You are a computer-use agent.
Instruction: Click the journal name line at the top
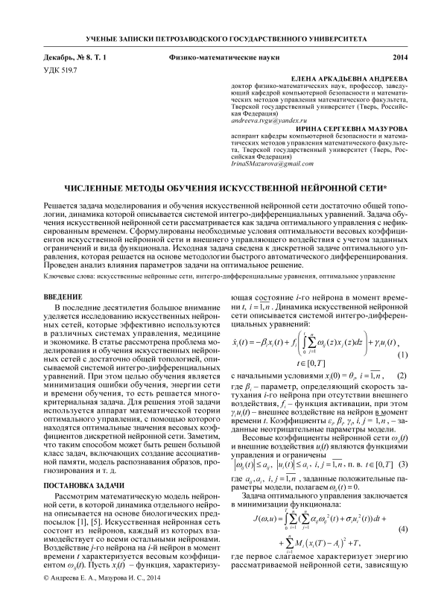point(223,36)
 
